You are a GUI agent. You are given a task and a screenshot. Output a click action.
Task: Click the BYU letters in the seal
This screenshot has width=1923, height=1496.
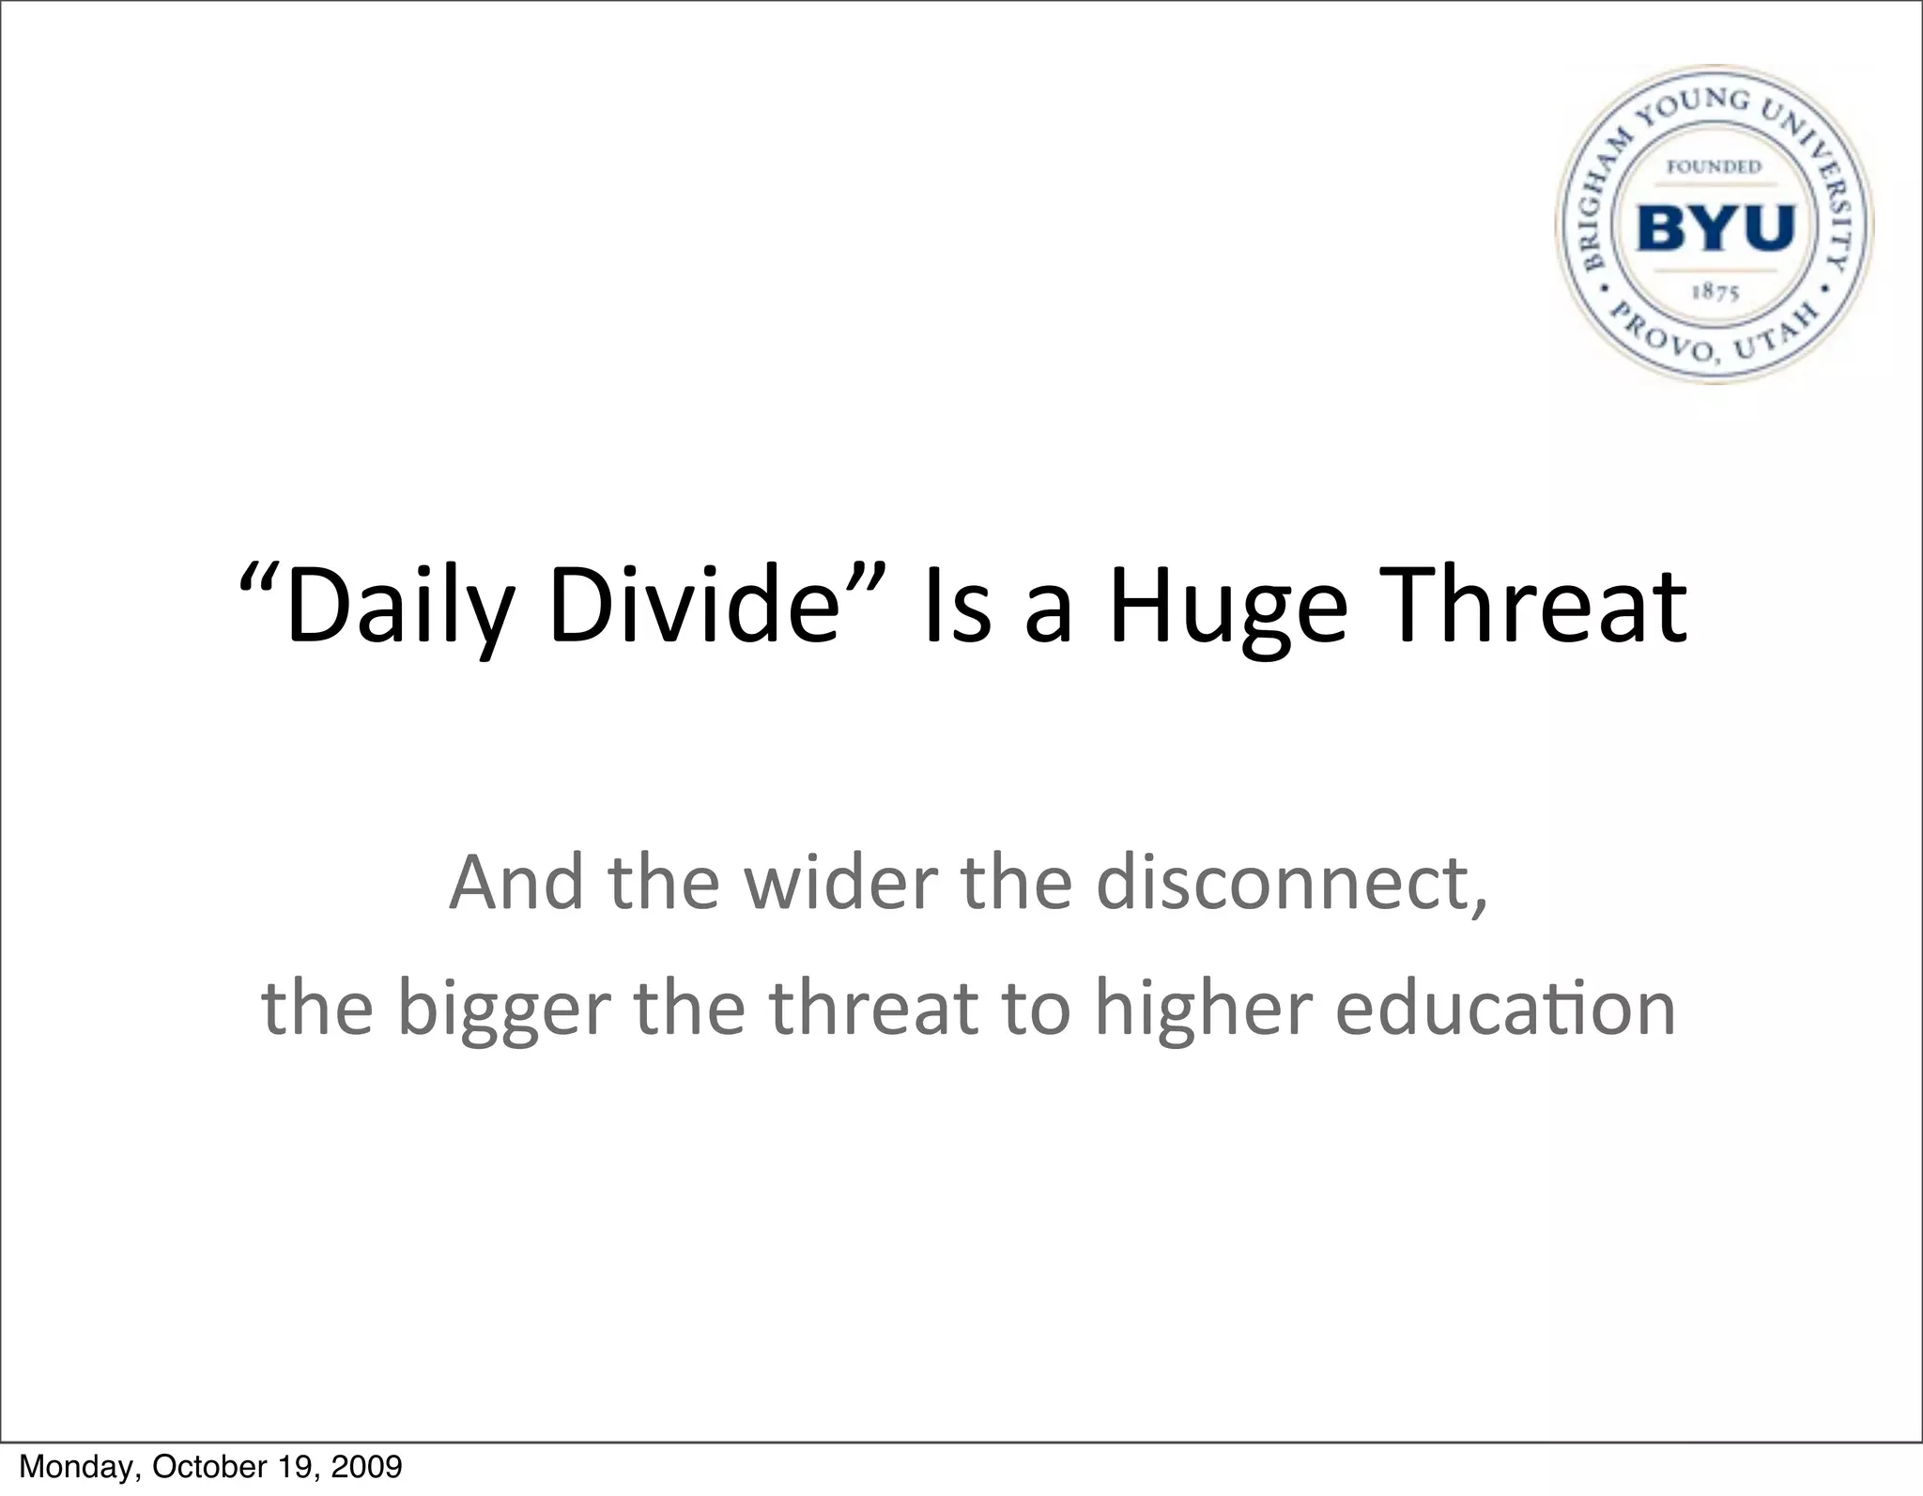pos(1715,228)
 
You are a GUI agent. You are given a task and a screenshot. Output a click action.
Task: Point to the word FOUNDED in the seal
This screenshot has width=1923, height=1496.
pos(1714,167)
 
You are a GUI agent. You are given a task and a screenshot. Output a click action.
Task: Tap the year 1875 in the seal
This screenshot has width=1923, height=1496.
pos(1715,292)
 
